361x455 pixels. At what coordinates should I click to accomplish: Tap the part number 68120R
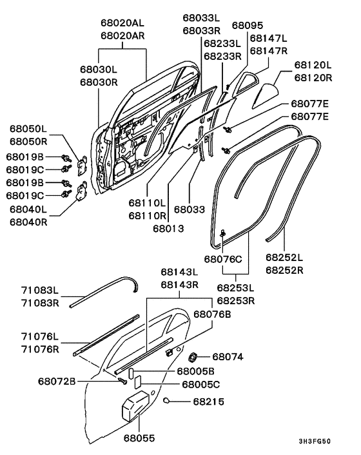point(313,77)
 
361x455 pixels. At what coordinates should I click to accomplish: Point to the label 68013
point(169,227)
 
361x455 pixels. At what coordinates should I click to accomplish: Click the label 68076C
point(223,259)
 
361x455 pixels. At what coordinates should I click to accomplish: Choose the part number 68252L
point(284,257)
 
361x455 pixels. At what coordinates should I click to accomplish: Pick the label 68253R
point(235,300)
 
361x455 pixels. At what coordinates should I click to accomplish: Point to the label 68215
point(208,400)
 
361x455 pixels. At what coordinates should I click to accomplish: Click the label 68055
point(140,438)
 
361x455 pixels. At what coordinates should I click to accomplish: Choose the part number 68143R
point(179,284)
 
